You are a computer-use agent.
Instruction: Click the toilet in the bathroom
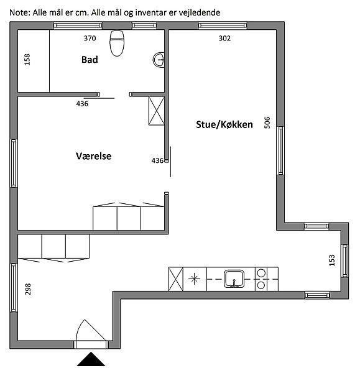[117, 44]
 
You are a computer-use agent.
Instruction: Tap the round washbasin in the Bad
[159, 60]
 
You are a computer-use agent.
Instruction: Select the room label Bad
[90, 60]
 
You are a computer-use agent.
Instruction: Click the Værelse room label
[94, 156]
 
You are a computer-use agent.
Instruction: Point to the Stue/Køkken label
[224, 125]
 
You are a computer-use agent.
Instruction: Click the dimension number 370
[90, 39]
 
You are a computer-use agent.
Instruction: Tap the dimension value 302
[224, 39]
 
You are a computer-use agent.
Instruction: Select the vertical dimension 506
[267, 122]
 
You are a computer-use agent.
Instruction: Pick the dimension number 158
[27, 60]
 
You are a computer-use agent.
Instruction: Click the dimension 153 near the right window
[332, 260]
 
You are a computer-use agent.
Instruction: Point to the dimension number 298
[28, 289]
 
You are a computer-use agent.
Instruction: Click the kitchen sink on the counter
[234, 279]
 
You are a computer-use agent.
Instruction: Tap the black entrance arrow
[91, 359]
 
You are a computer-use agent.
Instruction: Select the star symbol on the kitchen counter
[194, 279]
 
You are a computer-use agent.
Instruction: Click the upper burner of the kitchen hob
[261, 272]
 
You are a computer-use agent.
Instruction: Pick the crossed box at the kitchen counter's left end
[176, 279]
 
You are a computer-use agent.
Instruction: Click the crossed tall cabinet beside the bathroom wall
[156, 111]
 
